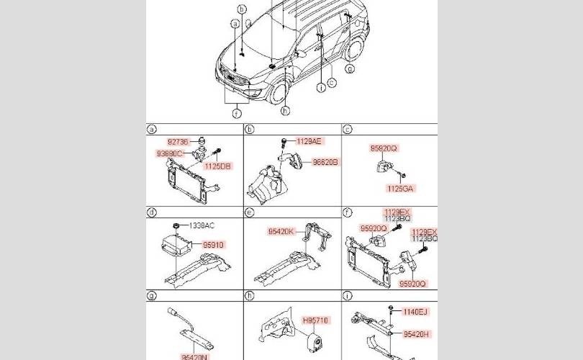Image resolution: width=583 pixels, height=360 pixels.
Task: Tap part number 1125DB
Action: (217, 166)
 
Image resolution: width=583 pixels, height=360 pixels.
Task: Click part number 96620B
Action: (325, 163)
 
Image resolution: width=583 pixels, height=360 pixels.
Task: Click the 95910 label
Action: (213, 245)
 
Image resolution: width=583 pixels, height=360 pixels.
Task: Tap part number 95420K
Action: (281, 232)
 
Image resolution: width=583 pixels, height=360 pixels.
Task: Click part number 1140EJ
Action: (417, 311)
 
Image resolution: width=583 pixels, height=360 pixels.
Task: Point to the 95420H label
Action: (417, 334)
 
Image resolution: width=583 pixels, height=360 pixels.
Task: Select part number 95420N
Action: (194, 356)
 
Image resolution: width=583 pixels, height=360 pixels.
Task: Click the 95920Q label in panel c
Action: (384, 148)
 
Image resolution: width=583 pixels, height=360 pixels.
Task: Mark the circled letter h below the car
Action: (285, 112)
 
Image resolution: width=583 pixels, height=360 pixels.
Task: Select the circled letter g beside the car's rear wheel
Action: (350, 69)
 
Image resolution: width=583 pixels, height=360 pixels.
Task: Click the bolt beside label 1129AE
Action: (285, 141)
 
